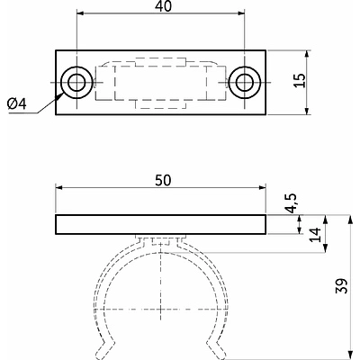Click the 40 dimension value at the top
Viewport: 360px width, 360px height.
tap(164, 6)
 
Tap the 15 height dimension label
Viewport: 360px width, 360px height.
tap(300, 80)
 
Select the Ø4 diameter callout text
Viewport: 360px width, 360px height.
tap(17, 104)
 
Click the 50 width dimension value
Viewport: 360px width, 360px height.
tap(163, 180)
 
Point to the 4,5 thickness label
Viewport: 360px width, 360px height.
tap(292, 203)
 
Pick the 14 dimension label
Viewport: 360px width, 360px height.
tap(315, 235)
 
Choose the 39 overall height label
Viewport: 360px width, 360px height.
tap(342, 286)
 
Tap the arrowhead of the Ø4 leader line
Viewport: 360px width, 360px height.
tap(60, 95)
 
